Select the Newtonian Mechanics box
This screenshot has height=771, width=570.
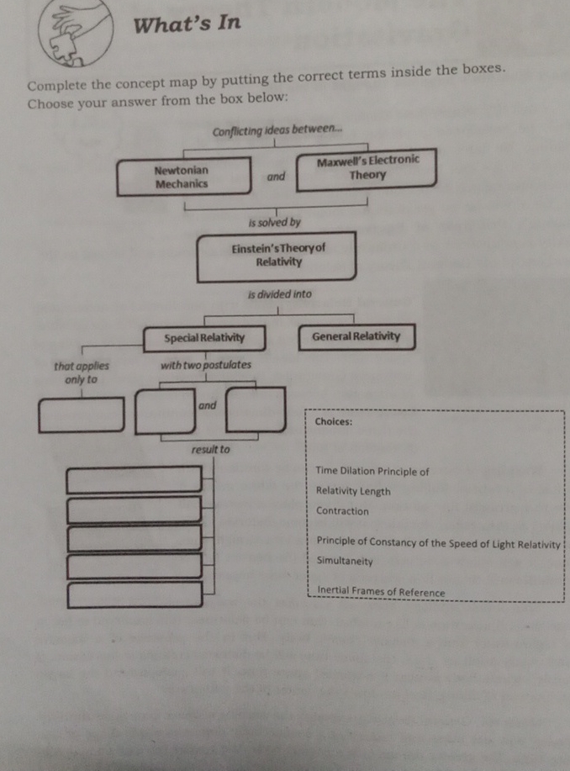point(183,177)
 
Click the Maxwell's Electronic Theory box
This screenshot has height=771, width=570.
point(367,167)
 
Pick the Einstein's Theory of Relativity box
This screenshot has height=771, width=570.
point(276,257)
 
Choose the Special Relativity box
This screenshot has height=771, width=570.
point(204,338)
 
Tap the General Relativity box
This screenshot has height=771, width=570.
point(356,336)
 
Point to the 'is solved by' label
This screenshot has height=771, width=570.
point(274,223)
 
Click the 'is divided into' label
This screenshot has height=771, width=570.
point(279,295)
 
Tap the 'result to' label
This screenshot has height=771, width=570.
point(210,450)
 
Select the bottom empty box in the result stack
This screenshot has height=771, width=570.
point(135,594)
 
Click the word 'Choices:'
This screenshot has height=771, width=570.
point(333,422)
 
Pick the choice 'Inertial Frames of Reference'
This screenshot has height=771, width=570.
point(381,592)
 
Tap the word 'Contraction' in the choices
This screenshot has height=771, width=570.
point(342,511)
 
